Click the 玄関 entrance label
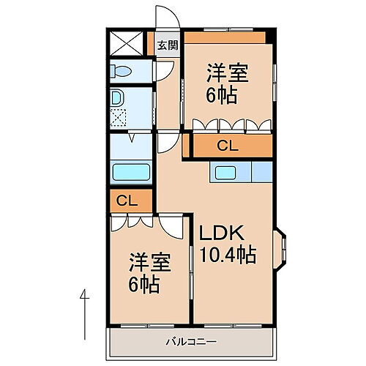168,45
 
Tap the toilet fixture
122,71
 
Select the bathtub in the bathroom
131,172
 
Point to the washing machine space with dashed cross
118,115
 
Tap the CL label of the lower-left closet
126,199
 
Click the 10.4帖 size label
228,255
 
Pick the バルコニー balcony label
190,341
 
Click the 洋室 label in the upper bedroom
227,73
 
